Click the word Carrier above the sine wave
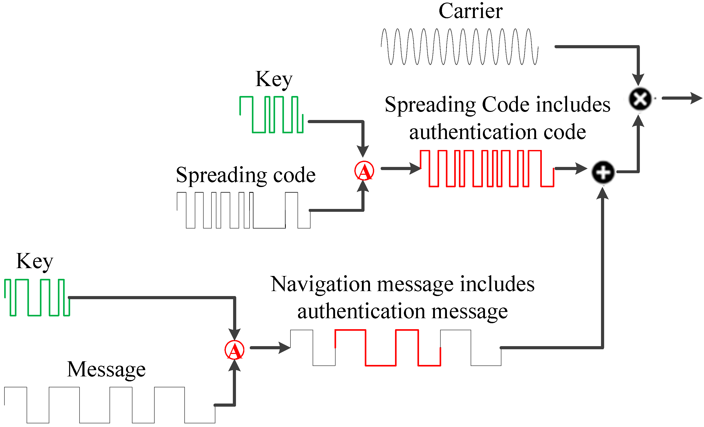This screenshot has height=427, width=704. click(470, 11)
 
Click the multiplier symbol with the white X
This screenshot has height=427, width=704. click(640, 99)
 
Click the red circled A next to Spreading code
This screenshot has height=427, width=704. click(364, 171)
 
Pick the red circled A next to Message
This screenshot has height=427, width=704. click(234, 350)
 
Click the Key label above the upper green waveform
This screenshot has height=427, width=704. click(274, 80)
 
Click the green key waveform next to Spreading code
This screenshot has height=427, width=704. click(271, 115)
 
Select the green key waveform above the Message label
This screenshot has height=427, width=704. click(37, 298)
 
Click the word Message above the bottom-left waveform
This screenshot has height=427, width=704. click(106, 369)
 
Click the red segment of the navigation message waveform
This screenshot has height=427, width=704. click(387, 348)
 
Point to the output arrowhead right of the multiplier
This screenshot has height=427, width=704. click(697, 98)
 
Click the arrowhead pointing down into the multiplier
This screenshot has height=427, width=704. click(638, 80)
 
